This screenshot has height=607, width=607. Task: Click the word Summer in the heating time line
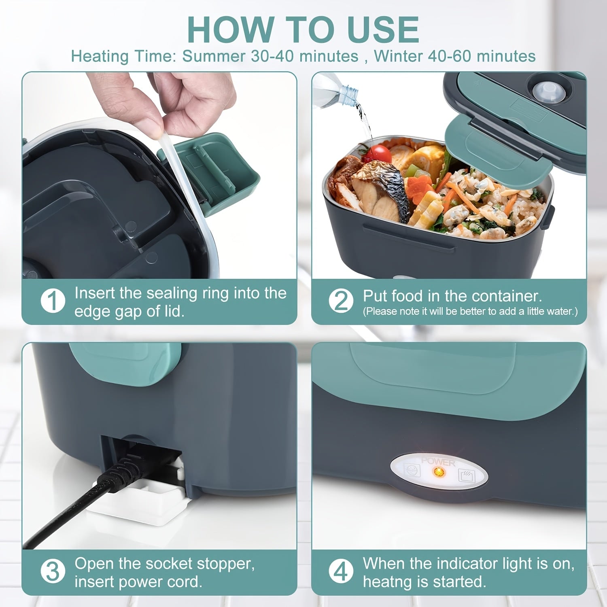(214, 56)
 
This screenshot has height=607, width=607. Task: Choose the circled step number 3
(53, 572)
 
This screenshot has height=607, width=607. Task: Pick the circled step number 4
(341, 572)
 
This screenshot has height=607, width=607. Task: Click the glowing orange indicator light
(438, 471)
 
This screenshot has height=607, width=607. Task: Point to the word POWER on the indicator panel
(438, 461)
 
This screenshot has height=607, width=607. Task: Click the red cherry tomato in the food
(379, 154)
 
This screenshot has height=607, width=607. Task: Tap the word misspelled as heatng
(388, 582)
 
